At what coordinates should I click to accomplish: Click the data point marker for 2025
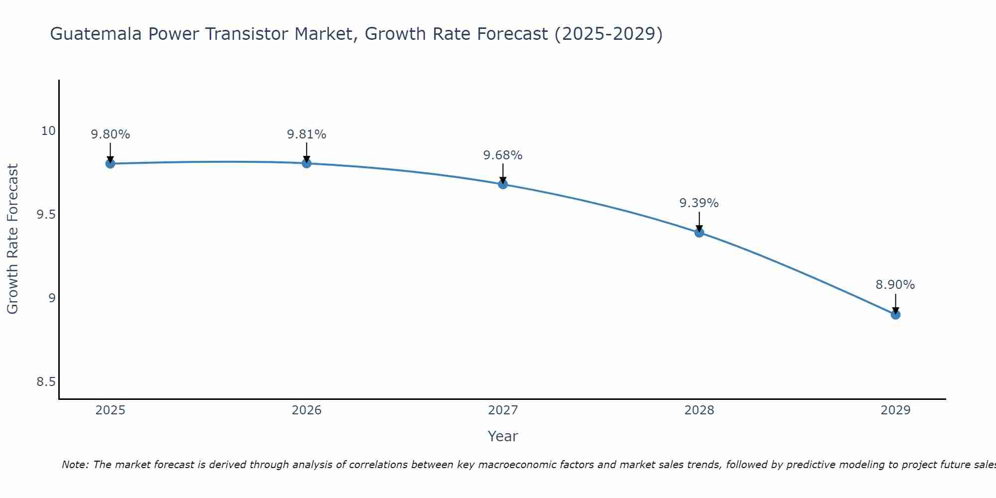pos(110,163)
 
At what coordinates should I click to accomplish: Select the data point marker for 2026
pos(306,163)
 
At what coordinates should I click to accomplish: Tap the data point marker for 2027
pos(503,184)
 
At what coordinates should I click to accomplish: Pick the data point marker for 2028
pos(699,233)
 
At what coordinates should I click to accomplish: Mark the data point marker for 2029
pos(895,315)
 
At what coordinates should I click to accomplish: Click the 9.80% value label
pos(110,134)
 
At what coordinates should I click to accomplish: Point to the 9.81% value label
pos(306,134)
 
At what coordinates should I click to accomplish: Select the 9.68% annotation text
pos(503,155)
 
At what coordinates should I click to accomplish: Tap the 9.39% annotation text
pos(699,203)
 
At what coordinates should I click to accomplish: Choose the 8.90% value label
pos(895,285)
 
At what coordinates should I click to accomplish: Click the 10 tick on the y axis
pos(48,131)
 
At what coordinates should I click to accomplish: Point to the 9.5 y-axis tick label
pos(46,215)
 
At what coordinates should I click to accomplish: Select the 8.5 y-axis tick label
pos(46,382)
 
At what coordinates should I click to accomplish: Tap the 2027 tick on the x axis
pos(503,410)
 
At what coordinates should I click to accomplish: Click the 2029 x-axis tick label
pos(895,410)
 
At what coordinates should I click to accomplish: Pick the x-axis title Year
pos(503,436)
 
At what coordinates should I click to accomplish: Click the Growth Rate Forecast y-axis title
pos(13,239)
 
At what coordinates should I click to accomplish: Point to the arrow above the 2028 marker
pos(699,222)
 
